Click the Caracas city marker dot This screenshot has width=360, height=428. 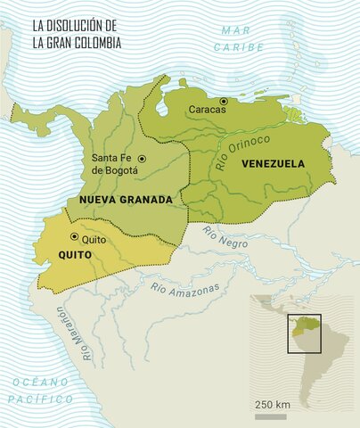[x=224, y=101]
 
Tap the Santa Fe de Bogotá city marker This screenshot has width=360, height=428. [x=142, y=159]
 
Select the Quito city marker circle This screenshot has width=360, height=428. [x=74, y=237]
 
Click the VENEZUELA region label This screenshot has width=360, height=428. [x=271, y=164]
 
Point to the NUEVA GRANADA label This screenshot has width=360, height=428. [x=125, y=201]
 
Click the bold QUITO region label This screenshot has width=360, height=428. [x=52, y=255]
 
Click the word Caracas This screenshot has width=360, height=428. [x=208, y=110]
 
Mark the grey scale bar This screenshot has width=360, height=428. [x=271, y=416]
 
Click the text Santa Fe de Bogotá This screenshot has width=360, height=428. [x=111, y=165]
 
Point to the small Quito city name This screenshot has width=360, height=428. [x=94, y=240]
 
